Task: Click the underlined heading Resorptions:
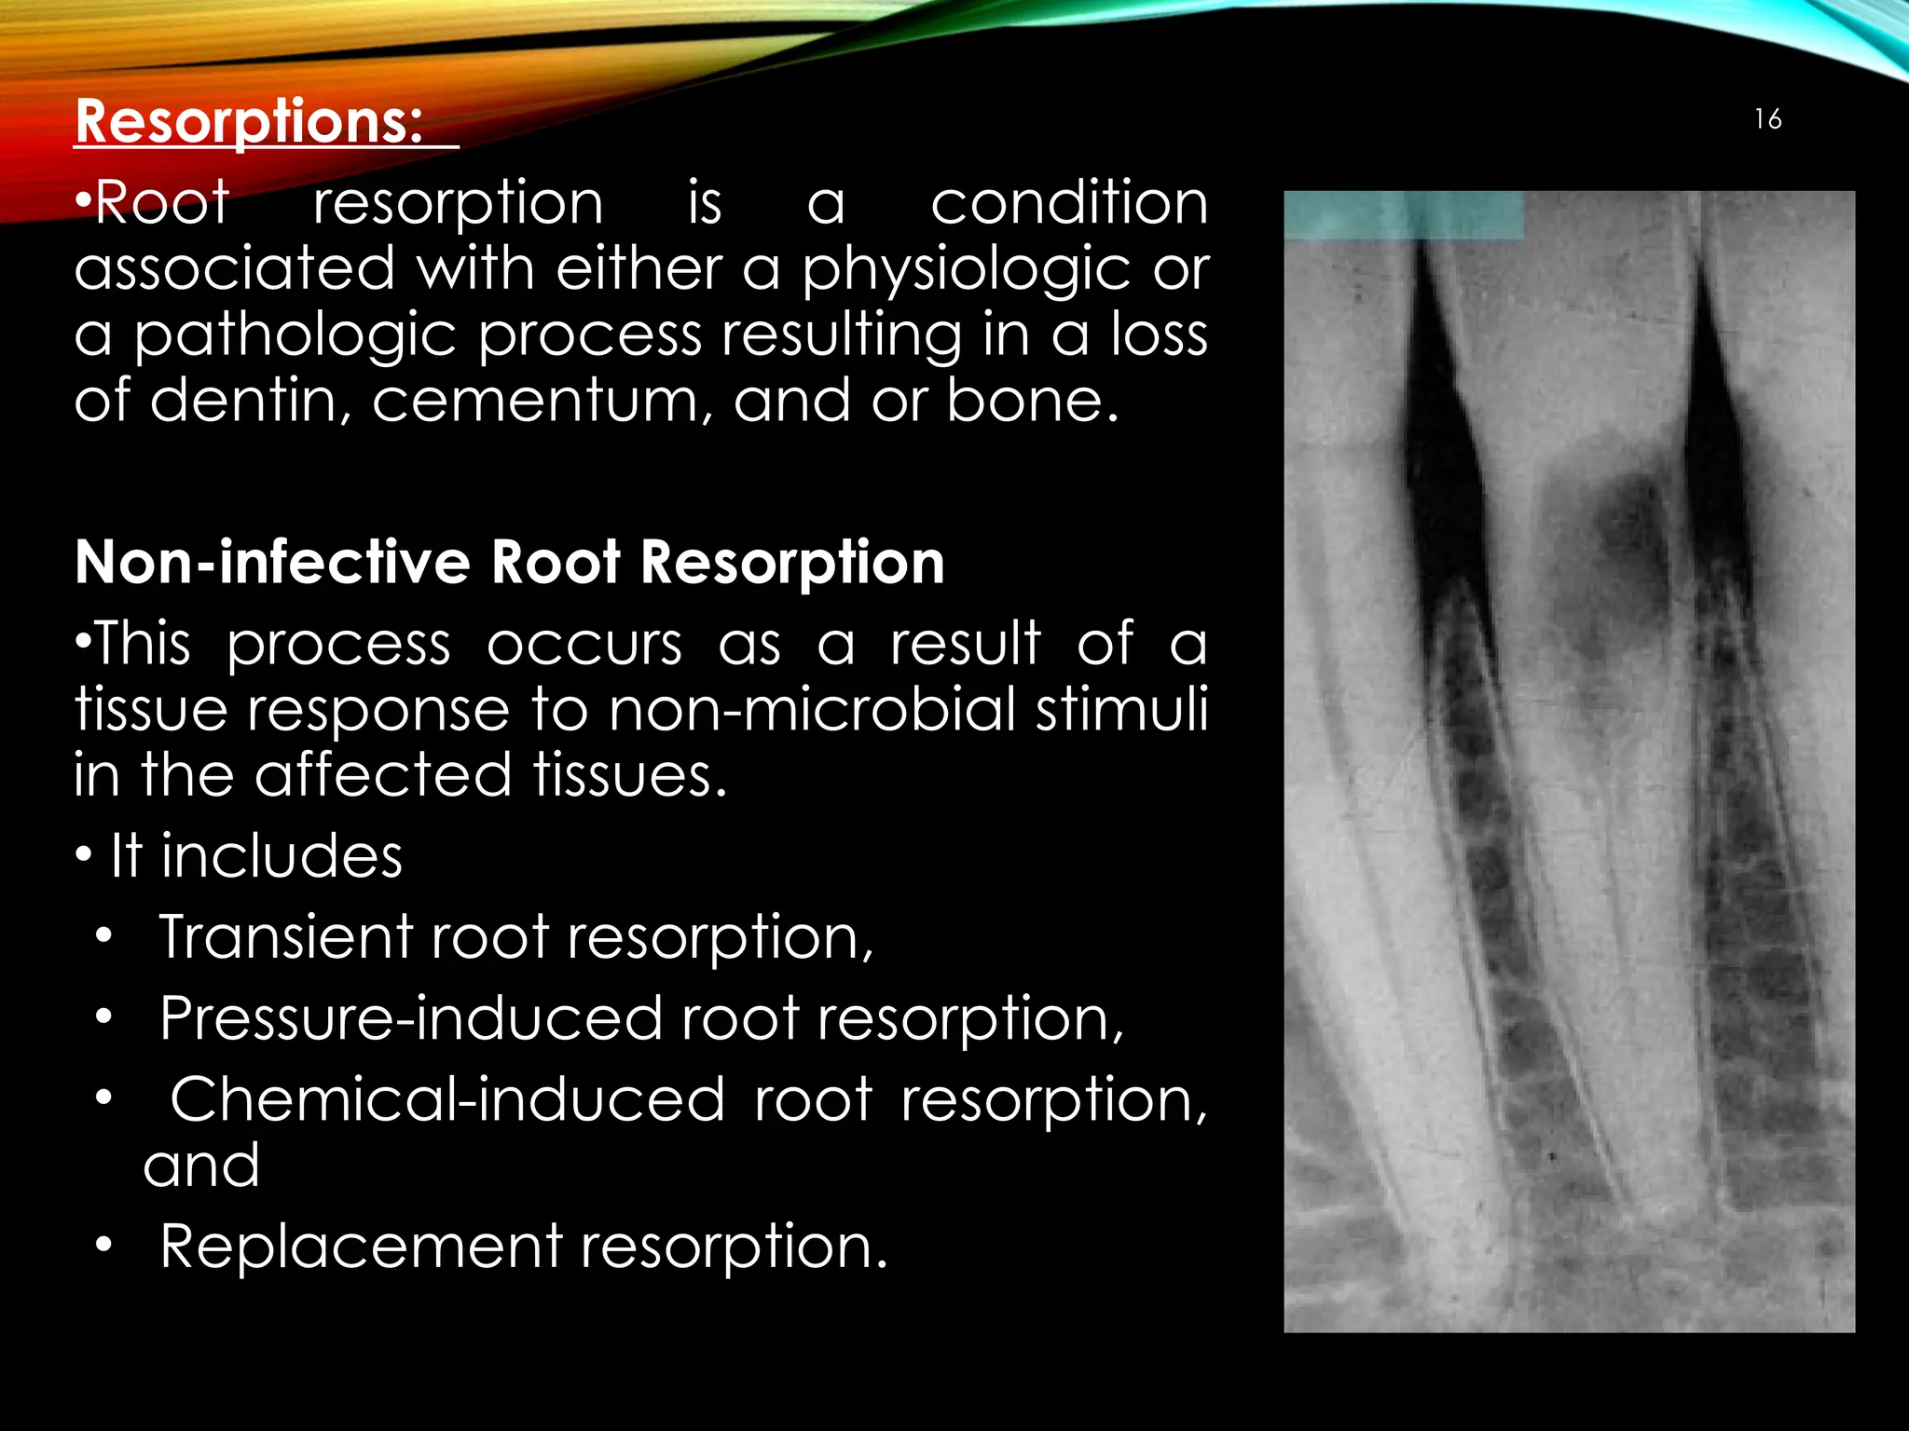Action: pyautogui.click(x=249, y=121)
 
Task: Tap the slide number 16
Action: pyautogui.click(x=1767, y=119)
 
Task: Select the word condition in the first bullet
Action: pyautogui.click(x=1068, y=202)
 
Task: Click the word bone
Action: pyautogui.click(x=1032, y=401)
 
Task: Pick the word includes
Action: pyautogui.click(x=282, y=856)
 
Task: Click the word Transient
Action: pyautogui.click(x=285, y=937)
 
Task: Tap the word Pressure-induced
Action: pyautogui.click(x=410, y=1018)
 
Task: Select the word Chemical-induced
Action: pyautogui.click(x=446, y=1100)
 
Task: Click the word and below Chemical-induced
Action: pyautogui.click(x=201, y=1166)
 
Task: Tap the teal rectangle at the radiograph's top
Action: pyautogui.click(x=1404, y=216)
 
